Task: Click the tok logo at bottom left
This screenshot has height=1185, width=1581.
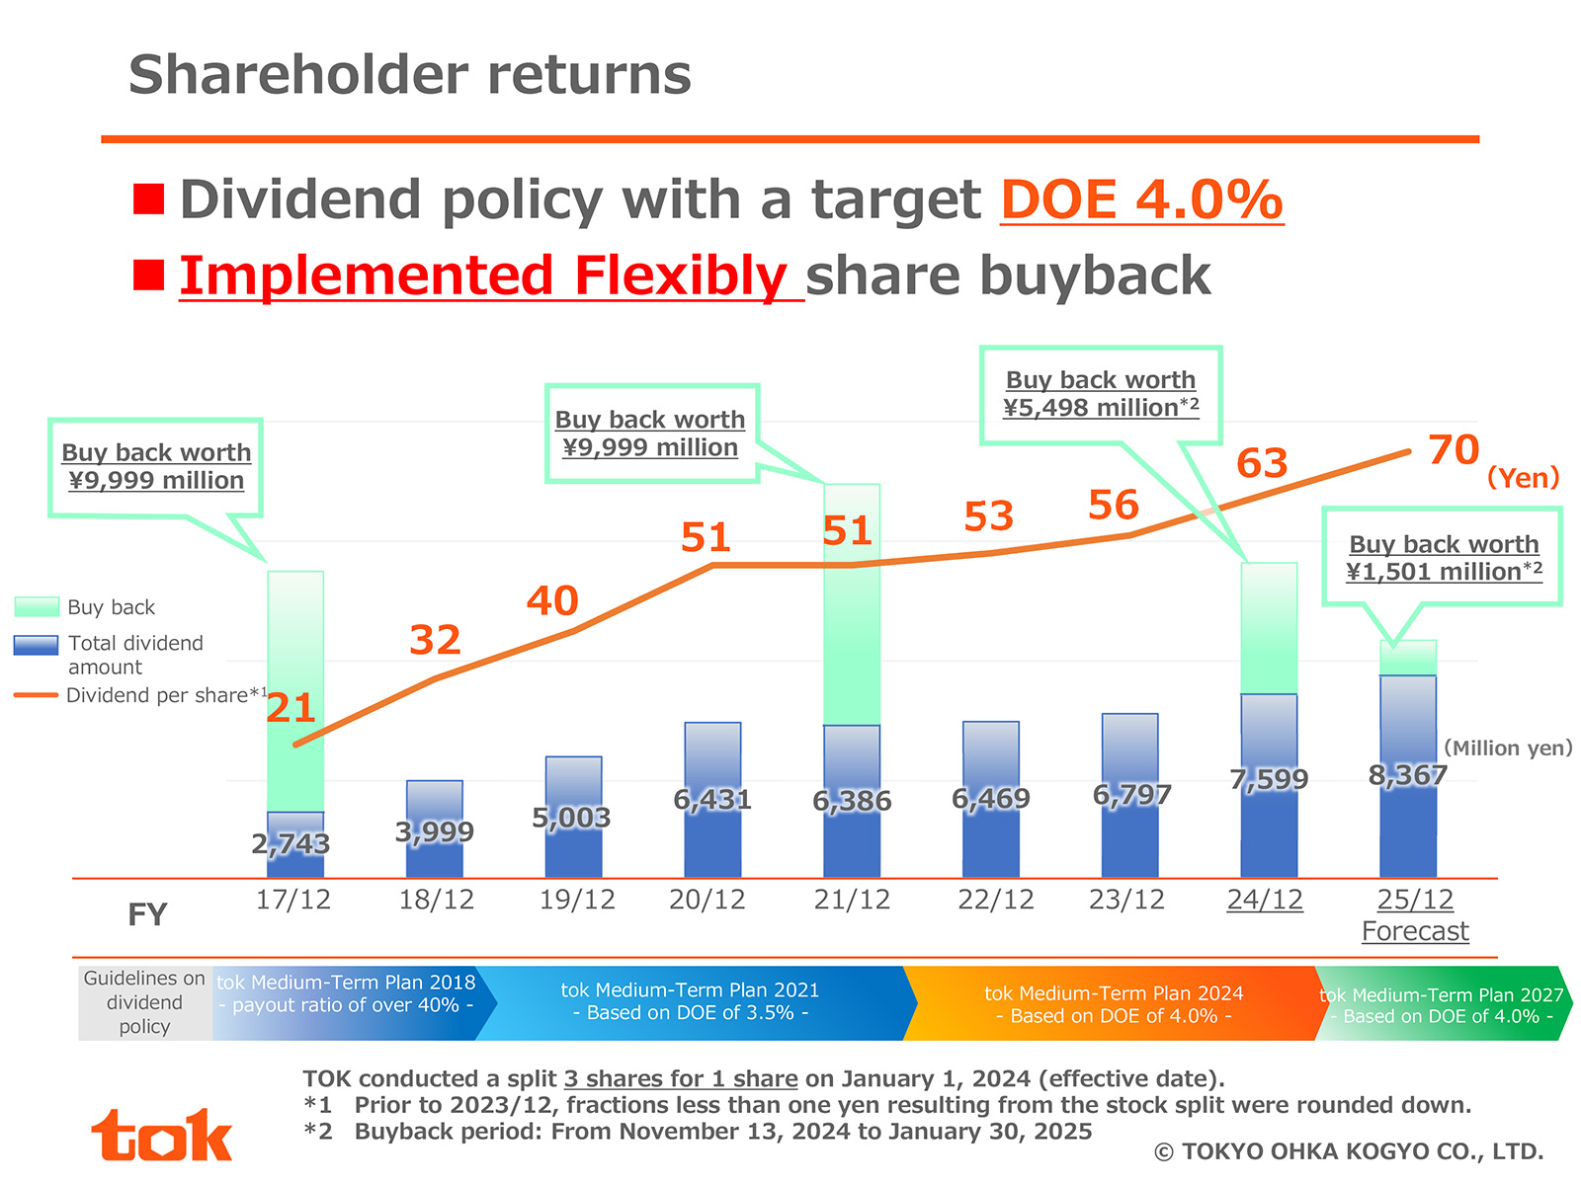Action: click(x=162, y=1136)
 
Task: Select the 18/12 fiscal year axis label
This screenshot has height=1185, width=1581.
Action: click(x=436, y=900)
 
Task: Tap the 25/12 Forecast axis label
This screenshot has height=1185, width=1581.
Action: click(x=1415, y=914)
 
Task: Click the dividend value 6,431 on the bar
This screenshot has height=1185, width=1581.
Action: click(x=712, y=800)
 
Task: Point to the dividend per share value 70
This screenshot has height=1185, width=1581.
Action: click(x=1454, y=450)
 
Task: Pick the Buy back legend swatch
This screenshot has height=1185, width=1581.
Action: click(x=37, y=606)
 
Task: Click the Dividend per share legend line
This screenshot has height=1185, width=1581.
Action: click(x=37, y=695)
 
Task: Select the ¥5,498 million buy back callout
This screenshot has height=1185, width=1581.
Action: click(x=1101, y=394)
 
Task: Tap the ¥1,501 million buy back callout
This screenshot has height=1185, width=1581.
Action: click(x=1443, y=558)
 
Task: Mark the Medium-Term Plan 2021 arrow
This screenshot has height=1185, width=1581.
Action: click(x=690, y=1002)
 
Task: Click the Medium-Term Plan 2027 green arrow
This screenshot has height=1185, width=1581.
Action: click(x=1442, y=1005)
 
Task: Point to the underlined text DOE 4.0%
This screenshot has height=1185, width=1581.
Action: click(x=1141, y=200)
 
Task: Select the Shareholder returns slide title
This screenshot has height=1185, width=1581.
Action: click(x=410, y=75)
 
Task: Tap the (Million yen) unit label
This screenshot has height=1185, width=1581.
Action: click(x=1508, y=748)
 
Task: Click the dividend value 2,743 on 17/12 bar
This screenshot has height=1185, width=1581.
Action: click(x=291, y=844)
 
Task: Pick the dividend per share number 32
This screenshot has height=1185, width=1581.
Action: click(x=435, y=640)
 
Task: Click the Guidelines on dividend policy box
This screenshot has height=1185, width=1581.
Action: click(x=144, y=1002)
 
